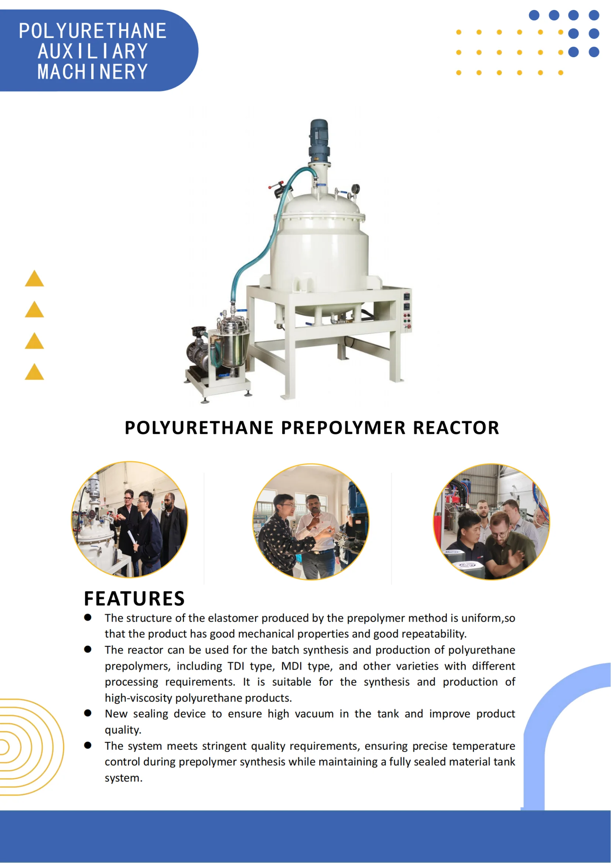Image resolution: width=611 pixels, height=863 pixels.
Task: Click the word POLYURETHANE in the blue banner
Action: [93, 31]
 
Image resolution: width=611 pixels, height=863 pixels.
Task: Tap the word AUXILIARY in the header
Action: [93, 51]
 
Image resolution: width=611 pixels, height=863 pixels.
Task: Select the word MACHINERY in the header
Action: [93, 72]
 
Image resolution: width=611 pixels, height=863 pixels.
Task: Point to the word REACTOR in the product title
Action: [456, 428]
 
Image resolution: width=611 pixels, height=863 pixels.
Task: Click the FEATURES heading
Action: [134, 599]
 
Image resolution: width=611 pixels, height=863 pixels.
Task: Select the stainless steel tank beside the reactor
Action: [233, 344]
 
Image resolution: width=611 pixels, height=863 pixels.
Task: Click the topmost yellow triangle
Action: [34, 279]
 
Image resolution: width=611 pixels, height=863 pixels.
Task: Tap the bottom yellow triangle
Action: [34, 372]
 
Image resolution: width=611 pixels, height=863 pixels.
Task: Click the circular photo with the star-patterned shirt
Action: [311, 522]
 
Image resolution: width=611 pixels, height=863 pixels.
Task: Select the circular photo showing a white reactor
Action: [129, 519]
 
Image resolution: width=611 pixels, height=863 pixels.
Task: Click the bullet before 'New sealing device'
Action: [88, 713]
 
